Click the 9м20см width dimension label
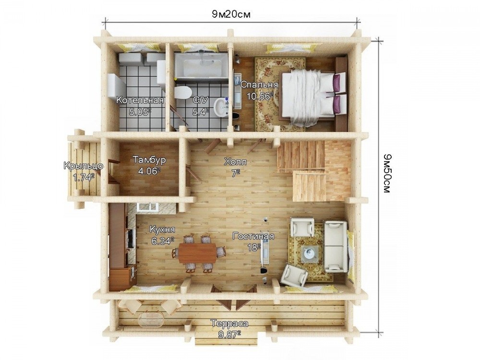[x=231, y=14]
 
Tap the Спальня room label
[x=259, y=85]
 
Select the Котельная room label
[x=140, y=100]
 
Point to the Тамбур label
[x=149, y=159]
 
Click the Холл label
[x=235, y=161]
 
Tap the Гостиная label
[x=253, y=236]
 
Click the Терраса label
[x=229, y=324]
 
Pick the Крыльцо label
[x=83, y=166]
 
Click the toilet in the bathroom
[x=182, y=92]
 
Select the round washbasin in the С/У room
[x=221, y=107]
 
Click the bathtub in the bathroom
[x=201, y=65]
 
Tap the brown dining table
[x=197, y=252]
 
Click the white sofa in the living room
[x=336, y=246]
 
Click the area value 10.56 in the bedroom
[x=259, y=96]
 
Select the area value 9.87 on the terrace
[x=229, y=335]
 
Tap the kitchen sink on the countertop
[x=148, y=207]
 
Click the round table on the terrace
[x=151, y=319]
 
